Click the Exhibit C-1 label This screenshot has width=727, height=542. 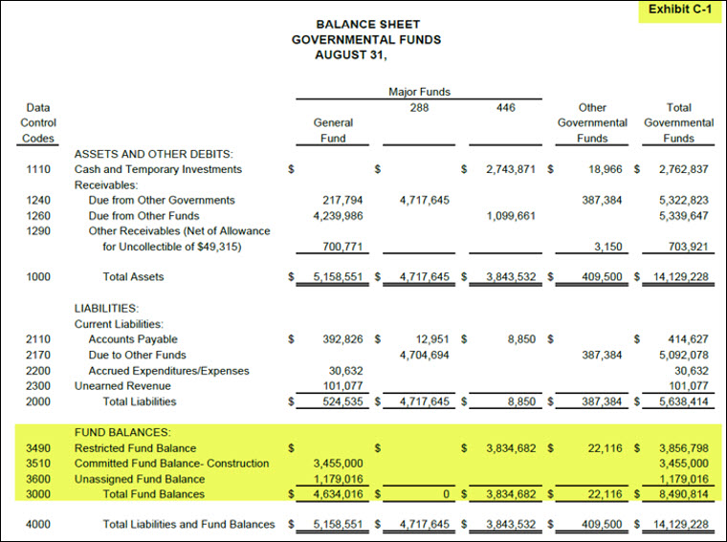(679, 10)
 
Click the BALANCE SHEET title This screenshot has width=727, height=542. (367, 24)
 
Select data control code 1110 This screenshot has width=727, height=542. (38, 169)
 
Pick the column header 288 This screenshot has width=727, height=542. (419, 107)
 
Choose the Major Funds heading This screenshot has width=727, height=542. (419, 92)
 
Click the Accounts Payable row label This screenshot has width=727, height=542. (133, 339)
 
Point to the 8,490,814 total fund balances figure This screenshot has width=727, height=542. (683, 494)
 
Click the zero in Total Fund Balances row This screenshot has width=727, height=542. (446, 494)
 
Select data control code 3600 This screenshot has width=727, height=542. (38, 479)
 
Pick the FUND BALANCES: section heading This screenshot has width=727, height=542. (122, 432)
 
